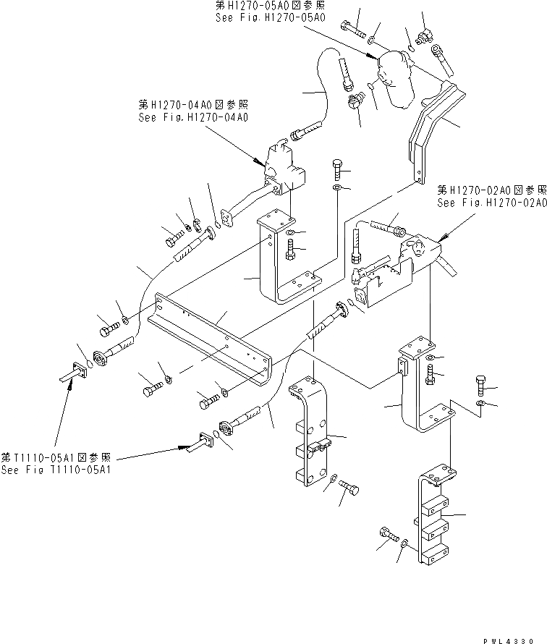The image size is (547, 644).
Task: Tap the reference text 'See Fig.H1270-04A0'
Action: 193,116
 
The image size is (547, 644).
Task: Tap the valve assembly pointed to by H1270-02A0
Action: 405,264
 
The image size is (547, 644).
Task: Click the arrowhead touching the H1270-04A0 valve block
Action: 259,162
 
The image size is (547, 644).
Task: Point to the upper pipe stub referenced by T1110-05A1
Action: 72,373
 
